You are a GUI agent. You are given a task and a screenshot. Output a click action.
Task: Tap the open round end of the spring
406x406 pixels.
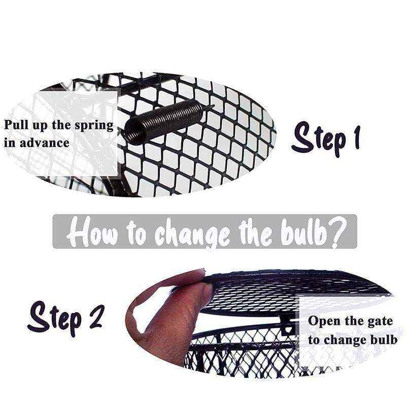133,129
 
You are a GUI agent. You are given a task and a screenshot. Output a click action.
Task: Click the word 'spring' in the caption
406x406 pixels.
94,126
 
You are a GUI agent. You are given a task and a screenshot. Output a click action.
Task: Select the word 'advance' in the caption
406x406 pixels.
45,143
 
